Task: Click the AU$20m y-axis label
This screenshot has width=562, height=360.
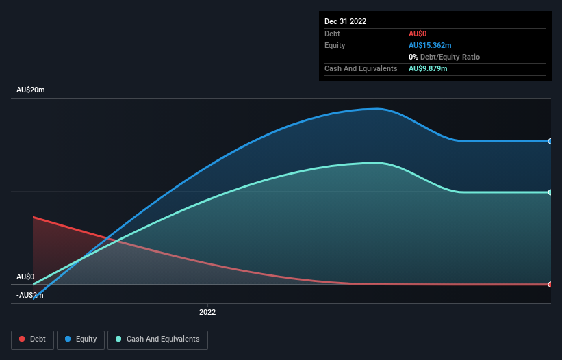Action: [x=30, y=90]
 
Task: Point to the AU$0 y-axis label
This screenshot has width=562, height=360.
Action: [x=25, y=277]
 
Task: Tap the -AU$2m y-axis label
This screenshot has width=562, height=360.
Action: [x=28, y=295]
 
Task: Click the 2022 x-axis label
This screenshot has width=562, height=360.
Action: [x=207, y=312]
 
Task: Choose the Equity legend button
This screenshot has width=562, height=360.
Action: [x=81, y=339]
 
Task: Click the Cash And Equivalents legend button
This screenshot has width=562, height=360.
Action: [x=157, y=339]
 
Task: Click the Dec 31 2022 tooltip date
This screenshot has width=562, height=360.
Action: [x=345, y=21]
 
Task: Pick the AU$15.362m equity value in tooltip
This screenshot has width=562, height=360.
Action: [x=430, y=45]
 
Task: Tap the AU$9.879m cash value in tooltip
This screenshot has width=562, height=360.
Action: [x=428, y=68]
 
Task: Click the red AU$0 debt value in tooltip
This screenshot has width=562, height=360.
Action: [x=418, y=34]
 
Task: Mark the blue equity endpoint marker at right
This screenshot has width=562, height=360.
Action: [x=550, y=141]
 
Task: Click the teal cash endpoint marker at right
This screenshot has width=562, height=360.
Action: [x=550, y=192]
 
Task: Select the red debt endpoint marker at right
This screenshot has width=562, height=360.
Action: [x=550, y=284]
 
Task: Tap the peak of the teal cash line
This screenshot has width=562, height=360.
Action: [x=376, y=163]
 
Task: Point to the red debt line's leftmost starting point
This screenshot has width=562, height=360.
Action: [x=33, y=217]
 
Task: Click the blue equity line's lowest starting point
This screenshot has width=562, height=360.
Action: [x=33, y=298]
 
